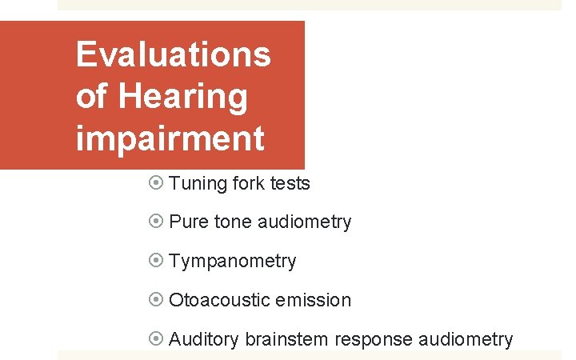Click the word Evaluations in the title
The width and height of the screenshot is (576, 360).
point(173,55)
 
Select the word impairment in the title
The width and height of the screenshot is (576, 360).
point(170,138)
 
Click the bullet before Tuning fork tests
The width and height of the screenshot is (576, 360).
point(157,183)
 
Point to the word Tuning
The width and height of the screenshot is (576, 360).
point(198,183)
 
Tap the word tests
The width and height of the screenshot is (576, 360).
point(290,183)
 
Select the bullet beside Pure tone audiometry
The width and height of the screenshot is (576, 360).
point(157,222)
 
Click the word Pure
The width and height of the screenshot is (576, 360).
point(189,222)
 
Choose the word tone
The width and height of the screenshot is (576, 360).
point(233,222)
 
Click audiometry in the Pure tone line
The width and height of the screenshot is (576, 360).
point(305,222)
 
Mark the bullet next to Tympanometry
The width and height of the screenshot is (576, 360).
point(157,261)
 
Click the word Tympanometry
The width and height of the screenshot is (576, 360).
point(233,261)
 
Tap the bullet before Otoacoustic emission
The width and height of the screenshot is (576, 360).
point(157,300)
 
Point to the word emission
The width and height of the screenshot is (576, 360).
point(313,300)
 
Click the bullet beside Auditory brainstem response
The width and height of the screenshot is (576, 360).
point(157,339)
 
